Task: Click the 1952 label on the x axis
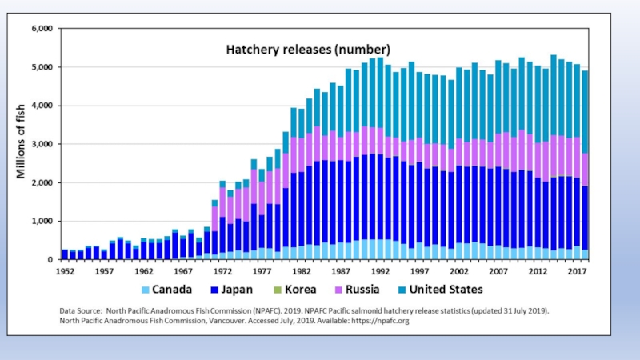pyautogui.click(x=66, y=270)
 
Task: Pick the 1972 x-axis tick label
pyautogui.click(x=222, y=270)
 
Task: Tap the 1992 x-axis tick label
pyautogui.click(x=380, y=270)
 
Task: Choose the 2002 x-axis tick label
pyautogui.click(x=458, y=270)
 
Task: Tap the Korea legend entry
pyautogui.click(x=297, y=290)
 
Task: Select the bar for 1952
pyautogui.click(x=65, y=254)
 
